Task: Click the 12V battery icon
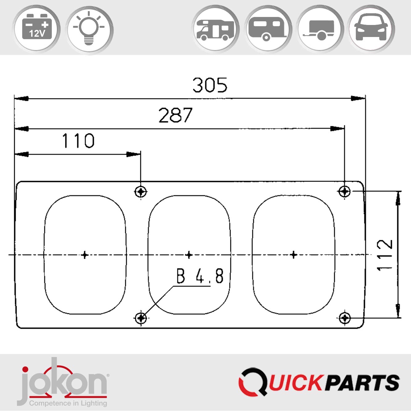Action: (x=36, y=29)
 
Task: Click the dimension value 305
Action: (x=210, y=85)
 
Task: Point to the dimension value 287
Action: (x=175, y=115)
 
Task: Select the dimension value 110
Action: (x=78, y=141)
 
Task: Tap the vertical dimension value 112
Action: (x=384, y=255)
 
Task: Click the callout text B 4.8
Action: (x=200, y=276)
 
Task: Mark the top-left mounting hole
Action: (x=141, y=192)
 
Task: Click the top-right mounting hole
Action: (x=344, y=191)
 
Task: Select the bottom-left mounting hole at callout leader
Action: (x=141, y=318)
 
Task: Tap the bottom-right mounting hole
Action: (x=344, y=318)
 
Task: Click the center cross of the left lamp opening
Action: (x=85, y=255)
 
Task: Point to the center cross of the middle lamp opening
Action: (x=189, y=255)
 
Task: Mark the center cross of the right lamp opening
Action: (x=294, y=255)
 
